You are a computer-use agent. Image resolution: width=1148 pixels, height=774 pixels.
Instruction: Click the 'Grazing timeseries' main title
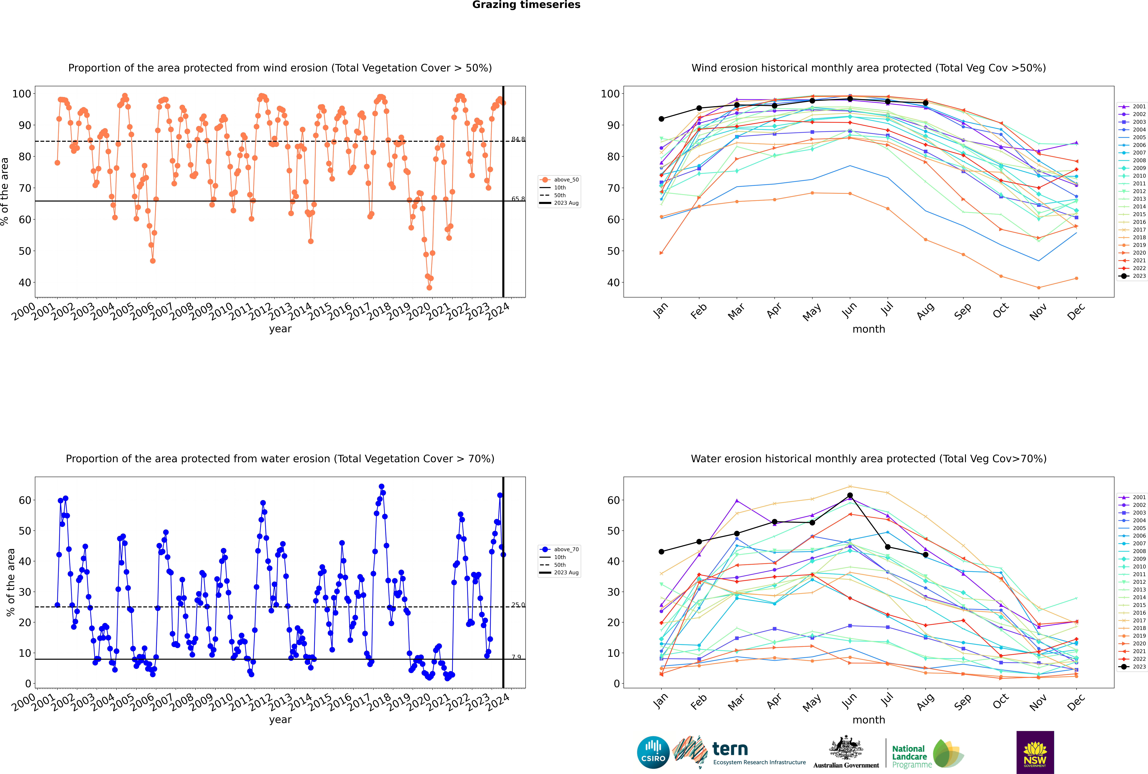526,5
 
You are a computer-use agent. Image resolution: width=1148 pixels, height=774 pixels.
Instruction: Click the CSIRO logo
653,752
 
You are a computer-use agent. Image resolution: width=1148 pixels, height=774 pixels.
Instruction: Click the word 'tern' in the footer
730,749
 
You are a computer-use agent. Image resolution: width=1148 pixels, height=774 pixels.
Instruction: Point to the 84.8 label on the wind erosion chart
518,139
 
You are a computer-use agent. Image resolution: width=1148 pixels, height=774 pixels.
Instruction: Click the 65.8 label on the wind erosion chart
518,199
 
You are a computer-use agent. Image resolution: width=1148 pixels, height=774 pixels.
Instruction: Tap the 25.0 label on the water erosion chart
518,605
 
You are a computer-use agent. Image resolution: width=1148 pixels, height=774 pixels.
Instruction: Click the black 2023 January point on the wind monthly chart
661,119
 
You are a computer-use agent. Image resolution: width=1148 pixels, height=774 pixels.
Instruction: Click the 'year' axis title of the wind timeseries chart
280,329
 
